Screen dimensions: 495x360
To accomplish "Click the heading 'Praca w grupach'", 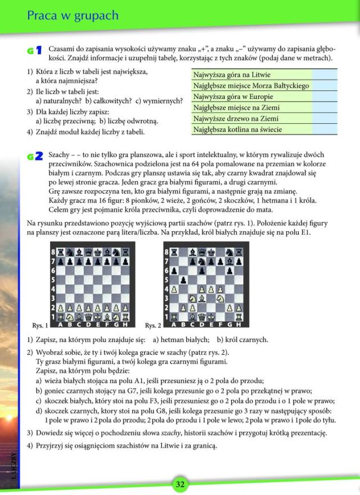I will pos(73,15).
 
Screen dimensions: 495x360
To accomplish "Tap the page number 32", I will pos(180,484).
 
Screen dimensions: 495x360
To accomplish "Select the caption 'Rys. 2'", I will pos(152,326).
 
